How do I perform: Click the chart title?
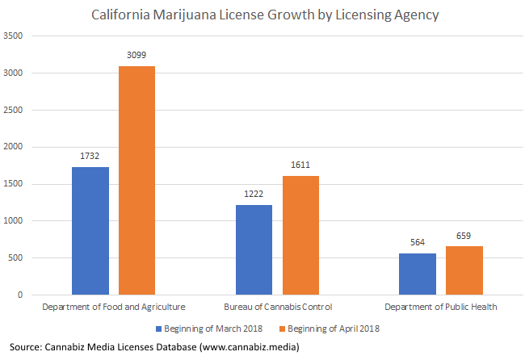265,14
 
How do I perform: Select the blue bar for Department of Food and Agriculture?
90,231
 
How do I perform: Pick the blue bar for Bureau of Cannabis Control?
254,249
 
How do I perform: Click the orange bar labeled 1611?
300,235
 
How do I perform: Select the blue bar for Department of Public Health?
418,274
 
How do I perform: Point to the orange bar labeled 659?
464,270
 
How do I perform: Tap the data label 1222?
254,195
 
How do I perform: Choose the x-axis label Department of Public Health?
441,308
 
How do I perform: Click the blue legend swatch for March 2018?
157,329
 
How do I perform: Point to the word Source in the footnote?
27,347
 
